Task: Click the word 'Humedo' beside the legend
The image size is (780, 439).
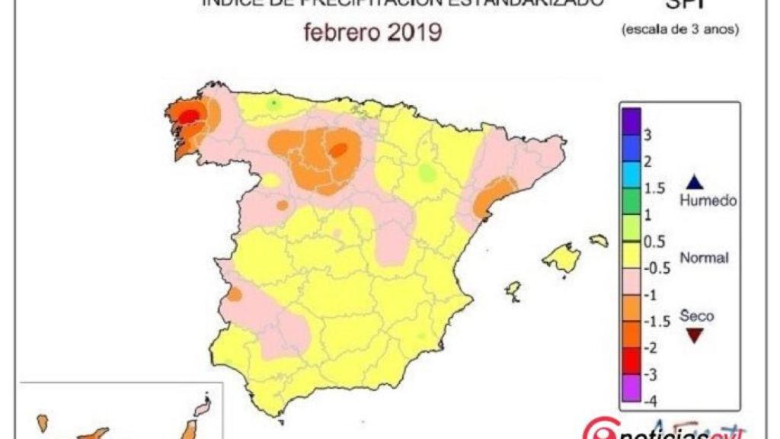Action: (708, 201)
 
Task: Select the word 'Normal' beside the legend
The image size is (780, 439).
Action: (705, 258)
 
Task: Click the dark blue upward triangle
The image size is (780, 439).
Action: (694, 182)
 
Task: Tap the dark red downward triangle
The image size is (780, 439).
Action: (694, 335)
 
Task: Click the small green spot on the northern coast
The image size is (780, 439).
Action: (274, 103)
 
